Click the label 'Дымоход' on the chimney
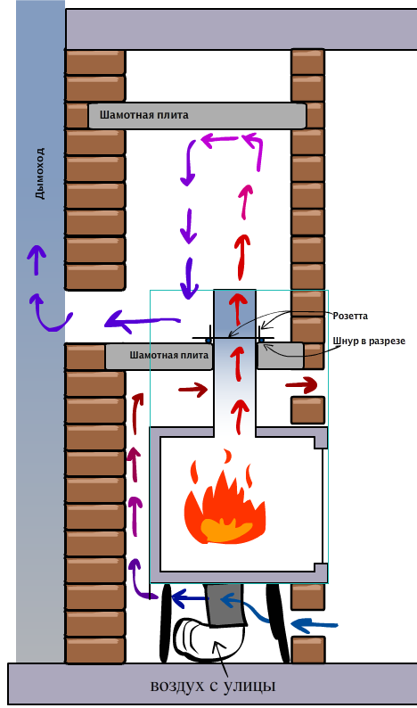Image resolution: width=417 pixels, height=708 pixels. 41,173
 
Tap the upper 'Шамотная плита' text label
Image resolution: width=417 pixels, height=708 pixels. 144,115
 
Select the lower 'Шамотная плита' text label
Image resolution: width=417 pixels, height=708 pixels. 169,356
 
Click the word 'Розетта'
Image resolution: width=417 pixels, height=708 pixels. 350,316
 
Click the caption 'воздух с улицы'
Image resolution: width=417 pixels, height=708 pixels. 213,686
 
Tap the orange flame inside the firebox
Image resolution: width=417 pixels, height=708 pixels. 225,498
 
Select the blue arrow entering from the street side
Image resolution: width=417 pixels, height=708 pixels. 315,625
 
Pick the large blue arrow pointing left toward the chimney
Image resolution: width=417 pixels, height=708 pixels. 143,321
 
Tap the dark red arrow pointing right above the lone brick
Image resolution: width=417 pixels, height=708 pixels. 302,385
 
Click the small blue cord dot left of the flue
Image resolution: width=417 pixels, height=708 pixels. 208,340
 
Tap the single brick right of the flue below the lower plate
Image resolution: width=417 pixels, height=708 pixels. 307,410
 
